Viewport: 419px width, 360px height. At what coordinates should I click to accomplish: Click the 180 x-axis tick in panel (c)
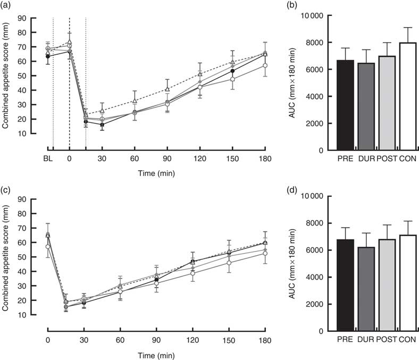coord(265,338)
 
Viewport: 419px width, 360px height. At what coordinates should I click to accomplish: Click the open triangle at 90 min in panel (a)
coord(167,89)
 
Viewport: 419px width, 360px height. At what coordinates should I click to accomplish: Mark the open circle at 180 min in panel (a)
coord(265,65)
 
